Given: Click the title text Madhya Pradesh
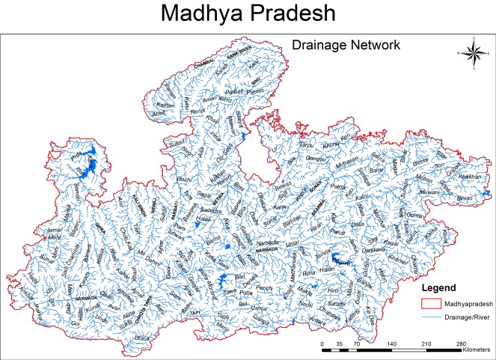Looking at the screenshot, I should [248, 17].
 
